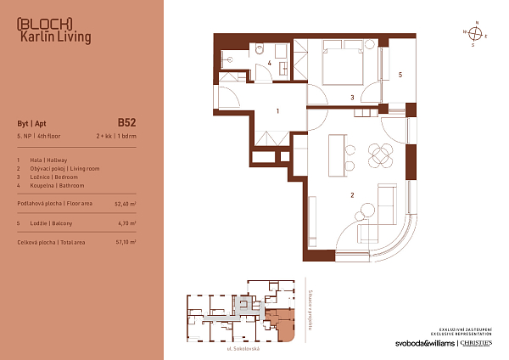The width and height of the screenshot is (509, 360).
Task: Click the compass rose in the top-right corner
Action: tap(477, 34)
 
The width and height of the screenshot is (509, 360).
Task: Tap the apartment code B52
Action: tap(126, 122)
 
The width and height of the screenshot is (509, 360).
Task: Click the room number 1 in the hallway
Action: tap(277, 111)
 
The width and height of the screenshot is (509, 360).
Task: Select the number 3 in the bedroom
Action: tap(353, 98)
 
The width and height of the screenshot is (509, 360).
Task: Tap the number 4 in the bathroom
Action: tap(269, 63)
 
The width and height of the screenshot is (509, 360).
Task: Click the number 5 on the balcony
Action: tap(400, 75)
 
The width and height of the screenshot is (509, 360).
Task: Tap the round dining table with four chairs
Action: tap(381, 155)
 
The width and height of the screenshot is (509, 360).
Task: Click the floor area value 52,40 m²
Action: tap(125, 204)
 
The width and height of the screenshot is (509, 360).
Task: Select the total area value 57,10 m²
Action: tap(125, 242)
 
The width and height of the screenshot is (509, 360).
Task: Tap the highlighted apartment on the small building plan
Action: tap(281, 324)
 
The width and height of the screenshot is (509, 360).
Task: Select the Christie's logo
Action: tap(477, 343)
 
